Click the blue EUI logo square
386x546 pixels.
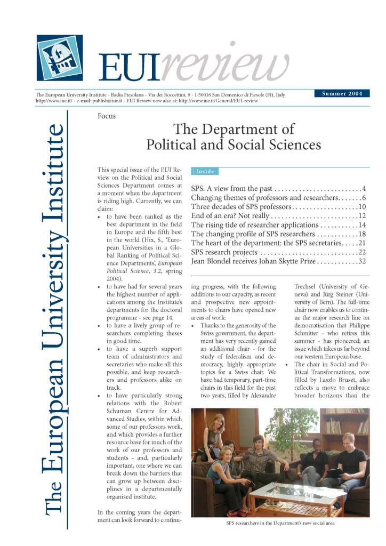click(x=60, y=58)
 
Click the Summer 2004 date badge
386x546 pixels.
click(x=342, y=94)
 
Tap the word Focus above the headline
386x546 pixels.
click(x=107, y=116)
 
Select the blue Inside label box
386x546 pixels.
click(x=205, y=171)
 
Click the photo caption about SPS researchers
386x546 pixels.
click(x=279, y=523)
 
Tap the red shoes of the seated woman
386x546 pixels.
click(x=235, y=512)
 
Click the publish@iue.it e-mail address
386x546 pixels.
click(x=115, y=100)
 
